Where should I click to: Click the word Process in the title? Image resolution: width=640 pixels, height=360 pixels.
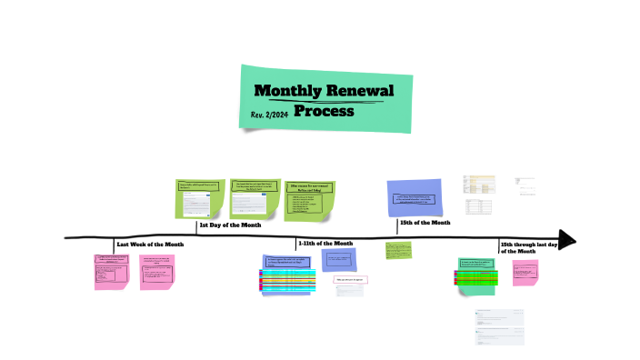[x=324, y=112]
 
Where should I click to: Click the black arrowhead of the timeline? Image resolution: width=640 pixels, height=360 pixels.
[x=567, y=239]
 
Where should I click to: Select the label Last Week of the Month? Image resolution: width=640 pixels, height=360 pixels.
[x=150, y=245]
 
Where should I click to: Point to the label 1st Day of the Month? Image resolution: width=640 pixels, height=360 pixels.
[x=230, y=225]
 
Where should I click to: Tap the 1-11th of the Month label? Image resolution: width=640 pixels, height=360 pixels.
[x=325, y=244]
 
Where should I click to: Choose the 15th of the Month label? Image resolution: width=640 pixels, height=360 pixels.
[x=425, y=223]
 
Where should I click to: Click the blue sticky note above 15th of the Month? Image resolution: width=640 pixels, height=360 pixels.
[x=415, y=197]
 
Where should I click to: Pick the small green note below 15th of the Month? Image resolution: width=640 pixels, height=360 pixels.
[x=398, y=250]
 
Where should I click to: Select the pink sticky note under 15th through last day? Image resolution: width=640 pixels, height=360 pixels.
[x=525, y=273]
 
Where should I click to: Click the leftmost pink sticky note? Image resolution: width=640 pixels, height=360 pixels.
[x=111, y=271]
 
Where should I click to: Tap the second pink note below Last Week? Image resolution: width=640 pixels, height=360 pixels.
[x=156, y=270]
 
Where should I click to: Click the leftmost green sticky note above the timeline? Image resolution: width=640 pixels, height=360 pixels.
[x=199, y=198]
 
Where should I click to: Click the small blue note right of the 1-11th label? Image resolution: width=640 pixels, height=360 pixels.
[x=338, y=259]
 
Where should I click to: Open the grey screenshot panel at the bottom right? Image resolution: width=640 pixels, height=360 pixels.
[x=499, y=326]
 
